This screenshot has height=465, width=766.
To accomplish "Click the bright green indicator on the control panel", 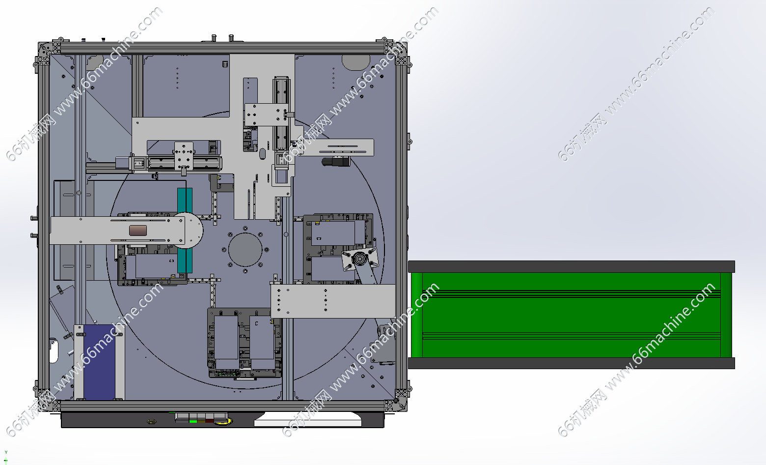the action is (193, 421).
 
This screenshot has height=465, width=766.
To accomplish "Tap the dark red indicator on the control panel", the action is (209, 421).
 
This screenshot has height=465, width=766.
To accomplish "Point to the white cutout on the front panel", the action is (308, 419).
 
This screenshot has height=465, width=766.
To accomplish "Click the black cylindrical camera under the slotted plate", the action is (336, 161).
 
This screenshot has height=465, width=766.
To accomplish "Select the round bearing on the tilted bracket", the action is (360, 259).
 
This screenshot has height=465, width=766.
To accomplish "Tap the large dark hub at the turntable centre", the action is (245, 250).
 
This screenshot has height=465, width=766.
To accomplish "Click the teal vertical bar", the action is (185, 230).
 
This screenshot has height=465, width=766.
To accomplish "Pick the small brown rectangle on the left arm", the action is (138, 231).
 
